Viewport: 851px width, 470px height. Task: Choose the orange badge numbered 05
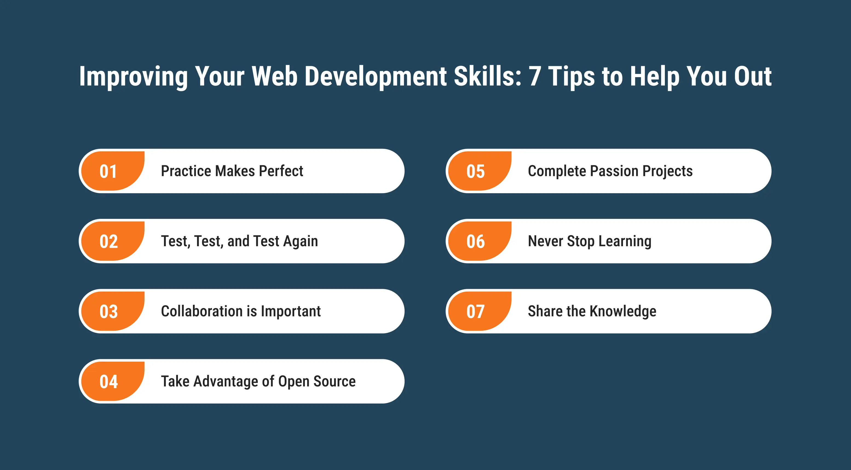[480, 171]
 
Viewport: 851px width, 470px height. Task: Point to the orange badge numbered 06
[480, 241]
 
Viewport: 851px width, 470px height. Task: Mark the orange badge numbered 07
[480, 311]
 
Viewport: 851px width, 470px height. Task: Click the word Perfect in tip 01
[281, 171]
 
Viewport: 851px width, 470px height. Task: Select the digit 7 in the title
[535, 76]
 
